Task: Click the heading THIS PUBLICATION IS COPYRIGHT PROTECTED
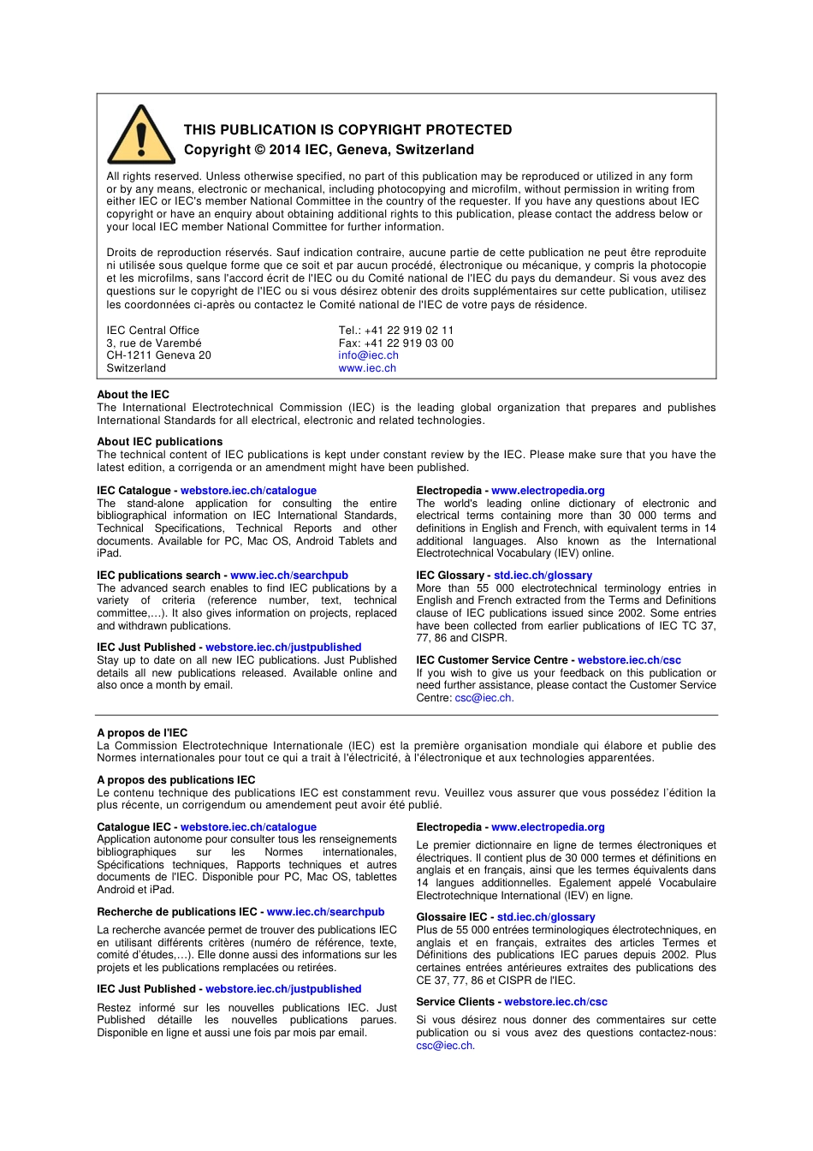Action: point(347,130)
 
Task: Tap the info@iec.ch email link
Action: point(368,355)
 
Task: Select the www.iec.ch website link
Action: point(367,368)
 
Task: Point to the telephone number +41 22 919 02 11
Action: point(396,331)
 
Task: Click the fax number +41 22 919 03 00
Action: point(396,343)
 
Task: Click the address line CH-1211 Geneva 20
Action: point(158,355)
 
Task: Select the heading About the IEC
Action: point(133,395)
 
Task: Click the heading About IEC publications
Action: point(159,442)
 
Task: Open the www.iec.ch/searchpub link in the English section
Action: point(289,575)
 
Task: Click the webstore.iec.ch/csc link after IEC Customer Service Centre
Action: point(629,660)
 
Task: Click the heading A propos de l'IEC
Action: point(142,733)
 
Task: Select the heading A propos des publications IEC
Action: point(175,780)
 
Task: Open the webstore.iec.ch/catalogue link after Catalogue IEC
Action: point(248,827)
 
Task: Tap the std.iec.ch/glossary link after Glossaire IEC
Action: point(546,917)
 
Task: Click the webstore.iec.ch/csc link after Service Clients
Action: point(555,1002)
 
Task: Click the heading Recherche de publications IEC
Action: point(176,912)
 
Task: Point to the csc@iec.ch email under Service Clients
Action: point(444,1046)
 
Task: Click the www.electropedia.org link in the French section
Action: point(548,827)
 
